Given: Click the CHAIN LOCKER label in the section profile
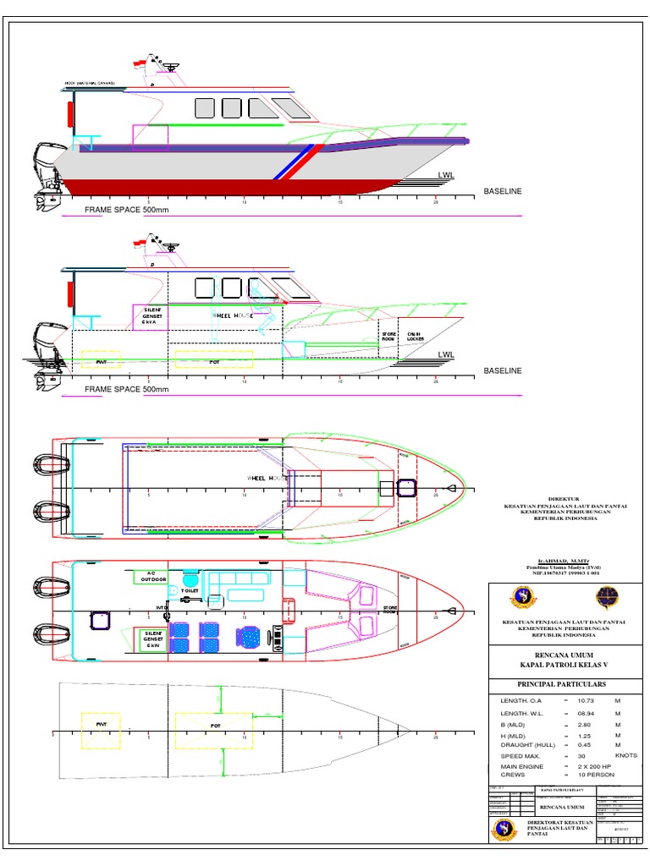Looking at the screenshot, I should pyautogui.click(x=415, y=336).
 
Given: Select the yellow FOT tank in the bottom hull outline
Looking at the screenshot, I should pyautogui.click(x=214, y=730).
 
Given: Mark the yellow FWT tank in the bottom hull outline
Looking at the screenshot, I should pyautogui.click(x=101, y=730).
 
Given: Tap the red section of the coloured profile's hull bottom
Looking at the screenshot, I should pyautogui.click(x=212, y=186).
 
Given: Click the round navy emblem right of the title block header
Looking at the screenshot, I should pyautogui.click(x=607, y=597).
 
